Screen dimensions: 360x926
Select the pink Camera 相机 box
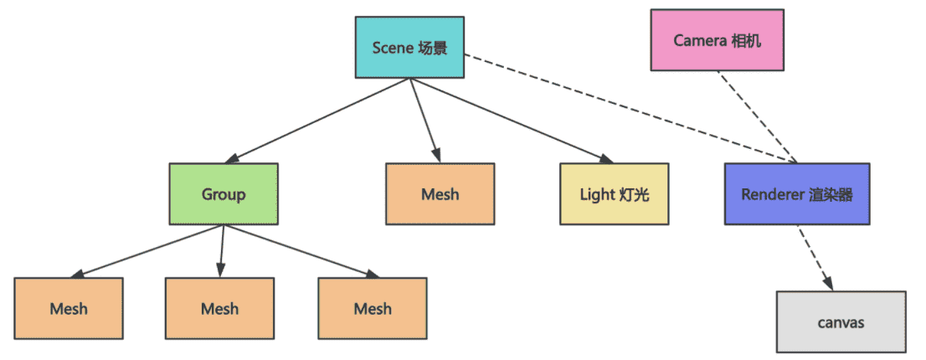(718, 39)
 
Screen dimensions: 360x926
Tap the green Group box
(224, 194)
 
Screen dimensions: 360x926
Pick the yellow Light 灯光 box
(615, 194)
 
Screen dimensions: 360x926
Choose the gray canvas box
(841, 321)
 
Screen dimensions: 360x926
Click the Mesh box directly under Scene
(440, 194)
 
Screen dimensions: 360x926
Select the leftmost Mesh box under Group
(69, 308)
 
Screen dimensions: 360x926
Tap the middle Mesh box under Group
(219, 308)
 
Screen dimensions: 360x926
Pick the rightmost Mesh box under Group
(373, 308)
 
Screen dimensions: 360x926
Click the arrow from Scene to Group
(318, 119)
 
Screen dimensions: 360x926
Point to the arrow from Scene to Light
(507, 118)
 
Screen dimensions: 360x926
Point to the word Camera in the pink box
(699, 39)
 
